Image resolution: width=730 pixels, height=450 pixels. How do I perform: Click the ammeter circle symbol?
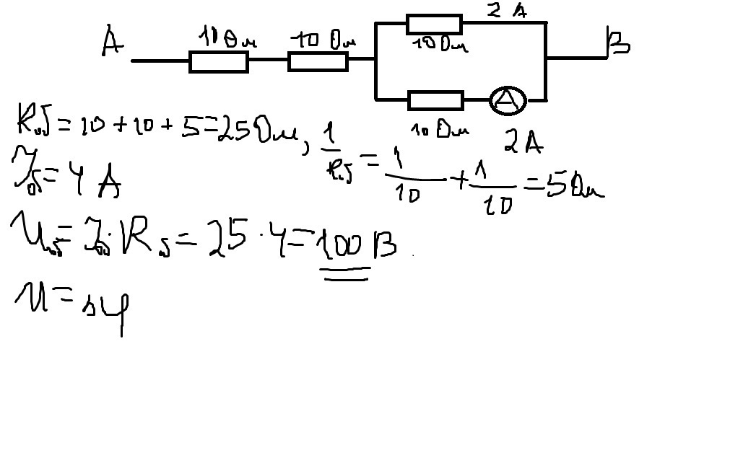click(x=508, y=101)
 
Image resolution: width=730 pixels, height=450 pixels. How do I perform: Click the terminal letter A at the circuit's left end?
click(x=110, y=42)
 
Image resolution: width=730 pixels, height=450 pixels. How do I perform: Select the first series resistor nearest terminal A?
click(x=219, y=62)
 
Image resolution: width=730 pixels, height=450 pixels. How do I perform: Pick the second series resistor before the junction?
click(x=318, y=62)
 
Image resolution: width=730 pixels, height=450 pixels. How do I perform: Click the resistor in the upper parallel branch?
click(x=434, y=24)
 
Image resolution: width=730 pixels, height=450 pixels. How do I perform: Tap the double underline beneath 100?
click(x=347, y=273)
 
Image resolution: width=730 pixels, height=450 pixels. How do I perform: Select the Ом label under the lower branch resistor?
click(x=456, y=131)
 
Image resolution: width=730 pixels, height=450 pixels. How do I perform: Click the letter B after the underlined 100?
click(x=383, y=250)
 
